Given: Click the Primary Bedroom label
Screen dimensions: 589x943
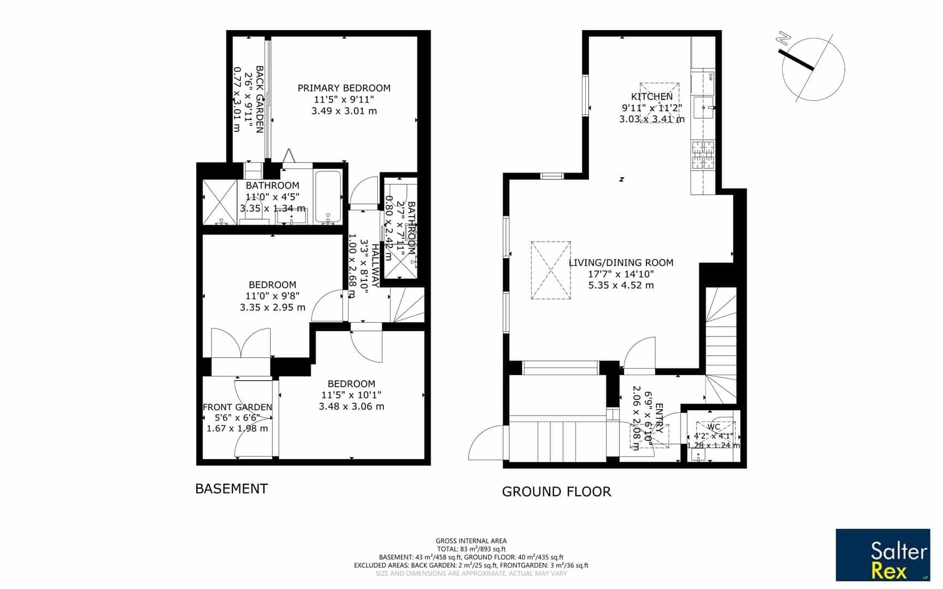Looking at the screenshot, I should pos(344,88).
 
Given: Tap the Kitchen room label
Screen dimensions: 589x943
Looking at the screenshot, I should pos(652,97).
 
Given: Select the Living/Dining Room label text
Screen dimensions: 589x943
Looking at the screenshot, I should pos(621,262).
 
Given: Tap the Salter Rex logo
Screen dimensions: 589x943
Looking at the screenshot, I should pos(882,555).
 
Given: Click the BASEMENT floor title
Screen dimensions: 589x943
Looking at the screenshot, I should pos(231,489).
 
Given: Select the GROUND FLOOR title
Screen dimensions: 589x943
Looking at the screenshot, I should pos(556,492).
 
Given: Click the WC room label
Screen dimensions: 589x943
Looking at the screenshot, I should pos(713,427).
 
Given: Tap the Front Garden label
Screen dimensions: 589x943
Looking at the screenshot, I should pos(237,407).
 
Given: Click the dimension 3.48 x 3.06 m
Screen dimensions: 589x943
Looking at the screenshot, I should pos(351,406).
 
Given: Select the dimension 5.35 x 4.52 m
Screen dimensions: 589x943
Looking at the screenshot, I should pos(621,285).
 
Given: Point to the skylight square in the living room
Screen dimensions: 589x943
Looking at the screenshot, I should pos(551,271).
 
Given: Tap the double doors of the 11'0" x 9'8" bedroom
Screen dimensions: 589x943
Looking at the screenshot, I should pos(241,343).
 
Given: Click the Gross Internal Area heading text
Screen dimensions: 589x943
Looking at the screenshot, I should pos(471,541).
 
